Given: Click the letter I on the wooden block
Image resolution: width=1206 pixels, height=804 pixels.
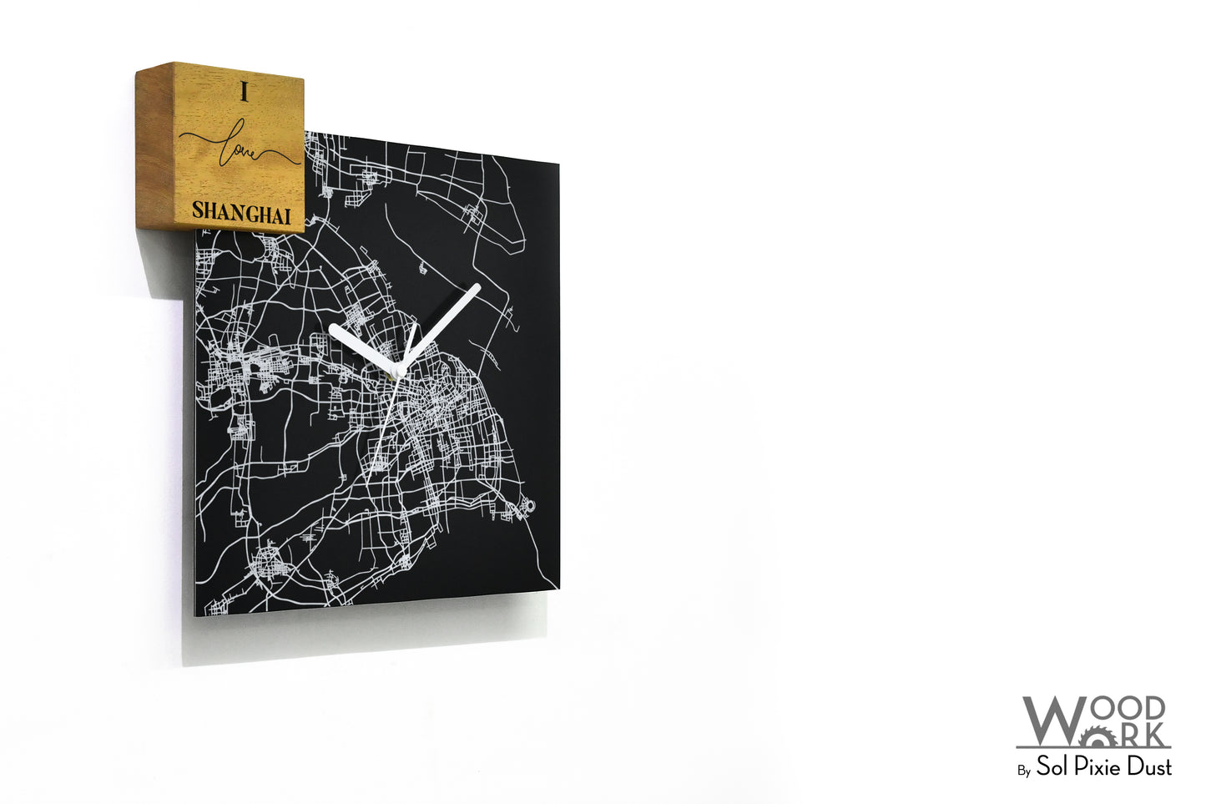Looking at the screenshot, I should tap(245, 93).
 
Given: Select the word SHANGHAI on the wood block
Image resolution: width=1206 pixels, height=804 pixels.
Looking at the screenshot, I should tap(241, 212).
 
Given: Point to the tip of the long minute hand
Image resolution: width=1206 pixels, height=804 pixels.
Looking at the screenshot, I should tap(477, 288).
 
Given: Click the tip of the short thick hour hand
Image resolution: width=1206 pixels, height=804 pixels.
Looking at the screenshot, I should tap(333, 328).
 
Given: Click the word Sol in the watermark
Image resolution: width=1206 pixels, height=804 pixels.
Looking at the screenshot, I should tap(1053, 766).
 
